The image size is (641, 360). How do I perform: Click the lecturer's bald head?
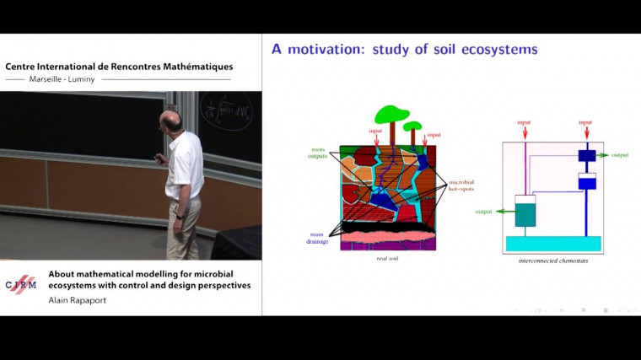(x=172, y=120)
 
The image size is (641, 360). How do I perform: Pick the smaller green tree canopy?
(x=412, y=126)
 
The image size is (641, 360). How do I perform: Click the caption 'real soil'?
(x=387, y=258)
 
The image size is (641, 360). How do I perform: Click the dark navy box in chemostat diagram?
(x=587, y=156)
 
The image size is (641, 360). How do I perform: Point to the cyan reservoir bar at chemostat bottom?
(x=552, y=243)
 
